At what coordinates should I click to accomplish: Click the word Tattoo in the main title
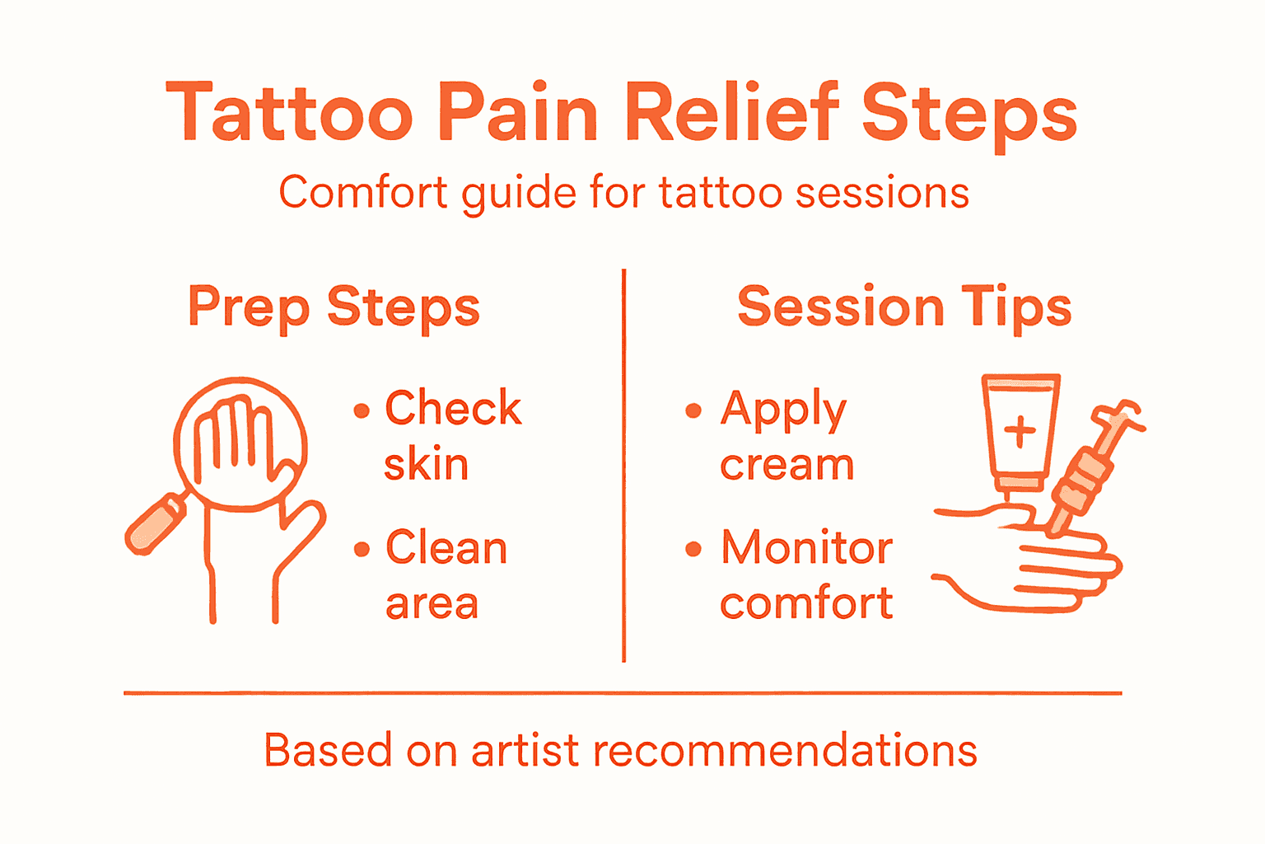[289, 114]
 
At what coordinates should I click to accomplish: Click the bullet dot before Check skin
[362, 410]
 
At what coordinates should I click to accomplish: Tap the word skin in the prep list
[426, 464]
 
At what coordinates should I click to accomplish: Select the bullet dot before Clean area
[362, 549]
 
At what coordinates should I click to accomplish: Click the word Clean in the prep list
[446, 548]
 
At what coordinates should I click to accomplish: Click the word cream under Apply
[787, 466]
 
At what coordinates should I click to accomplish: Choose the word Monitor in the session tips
[807, 548]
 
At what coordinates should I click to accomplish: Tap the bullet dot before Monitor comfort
[693, 549]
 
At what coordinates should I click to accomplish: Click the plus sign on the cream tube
[1020, 431]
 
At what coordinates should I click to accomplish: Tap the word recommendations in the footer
[784, 751]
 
